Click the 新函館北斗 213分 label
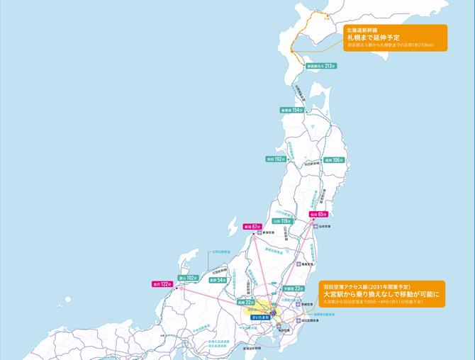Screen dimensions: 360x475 point(320,65)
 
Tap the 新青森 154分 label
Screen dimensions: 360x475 point(291,111)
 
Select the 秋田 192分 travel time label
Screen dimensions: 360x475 point(277,159)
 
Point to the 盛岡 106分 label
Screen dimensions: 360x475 point(333,160)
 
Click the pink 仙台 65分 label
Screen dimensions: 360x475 point(318,213)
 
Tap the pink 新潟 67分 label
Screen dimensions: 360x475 point(253,227)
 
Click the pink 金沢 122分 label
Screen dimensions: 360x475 point(162,283)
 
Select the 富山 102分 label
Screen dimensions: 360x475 point(187,278)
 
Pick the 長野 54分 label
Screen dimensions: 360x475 point(217,280)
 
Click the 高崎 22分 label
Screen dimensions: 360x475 point(245,302)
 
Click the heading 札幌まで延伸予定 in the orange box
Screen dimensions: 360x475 point(374,37)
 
